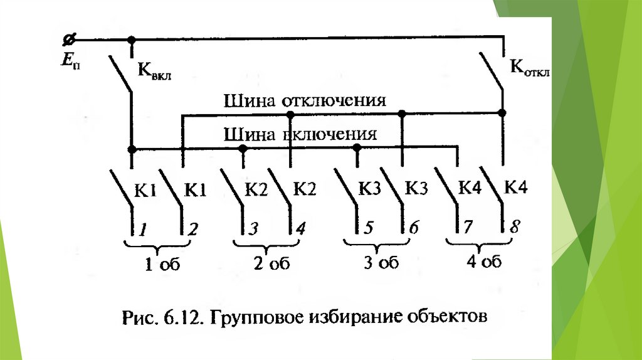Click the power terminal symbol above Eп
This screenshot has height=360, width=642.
point(68,40)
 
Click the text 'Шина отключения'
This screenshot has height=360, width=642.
point(305,102)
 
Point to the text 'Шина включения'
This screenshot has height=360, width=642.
point(300,134)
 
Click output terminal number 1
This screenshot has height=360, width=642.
point(143,230)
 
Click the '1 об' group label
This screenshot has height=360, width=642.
point(162,265)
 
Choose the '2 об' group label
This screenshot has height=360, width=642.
point(271,264)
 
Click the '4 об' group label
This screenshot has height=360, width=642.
point(484,262)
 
